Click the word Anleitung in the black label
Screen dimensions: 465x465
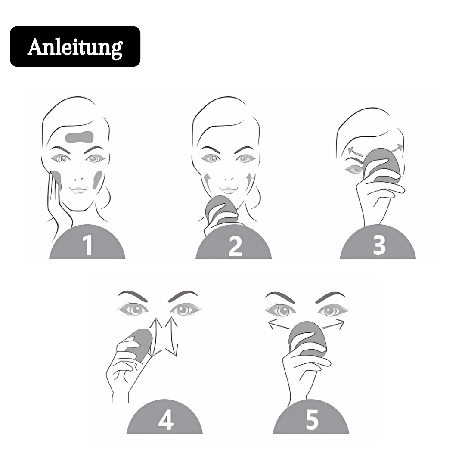[x=75, y=47]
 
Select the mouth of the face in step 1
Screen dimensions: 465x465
[x=78, y=189]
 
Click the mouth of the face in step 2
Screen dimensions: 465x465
[x=228, y=189]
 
